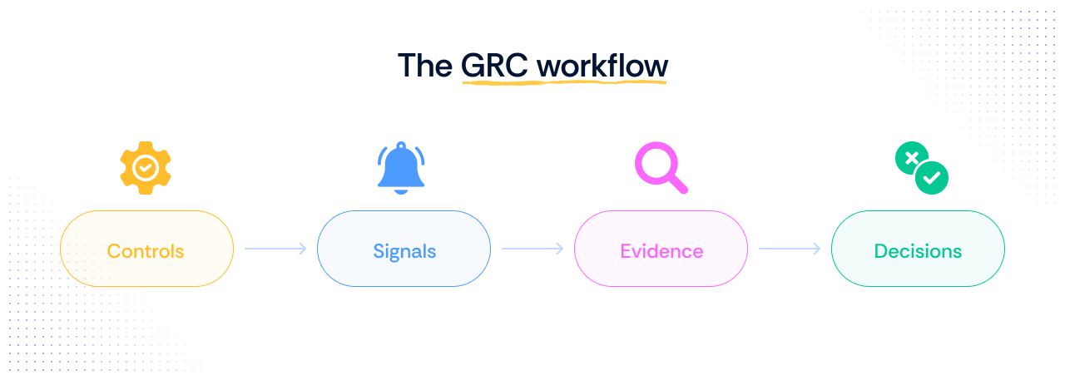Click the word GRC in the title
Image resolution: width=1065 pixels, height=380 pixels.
494,65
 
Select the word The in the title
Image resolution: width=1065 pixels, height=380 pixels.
424,65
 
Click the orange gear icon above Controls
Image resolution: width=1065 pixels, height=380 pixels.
146,168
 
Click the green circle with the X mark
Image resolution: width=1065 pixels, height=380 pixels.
912,158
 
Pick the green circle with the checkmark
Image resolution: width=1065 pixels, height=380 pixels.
932,177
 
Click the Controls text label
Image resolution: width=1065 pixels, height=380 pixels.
146,250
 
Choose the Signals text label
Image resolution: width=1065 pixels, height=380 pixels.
404,250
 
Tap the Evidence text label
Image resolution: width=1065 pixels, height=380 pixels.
661,250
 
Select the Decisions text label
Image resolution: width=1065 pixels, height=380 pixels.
918,250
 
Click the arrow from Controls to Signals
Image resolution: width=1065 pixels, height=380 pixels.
275,249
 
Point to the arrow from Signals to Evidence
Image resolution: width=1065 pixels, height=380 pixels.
532,249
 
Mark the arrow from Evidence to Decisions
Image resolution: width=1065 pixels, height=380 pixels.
790,249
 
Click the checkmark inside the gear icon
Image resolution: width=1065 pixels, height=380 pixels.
146,168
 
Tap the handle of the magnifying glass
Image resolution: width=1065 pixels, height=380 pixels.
678,184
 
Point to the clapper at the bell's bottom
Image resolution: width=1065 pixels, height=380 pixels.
401,190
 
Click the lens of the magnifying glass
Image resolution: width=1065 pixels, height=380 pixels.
655,161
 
